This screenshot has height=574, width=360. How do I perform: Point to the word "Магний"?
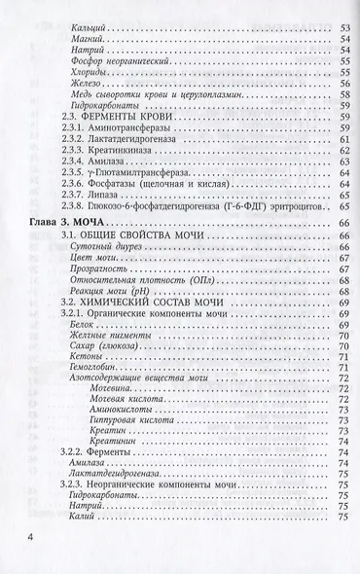pyautogui.click(x=90, y=34)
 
